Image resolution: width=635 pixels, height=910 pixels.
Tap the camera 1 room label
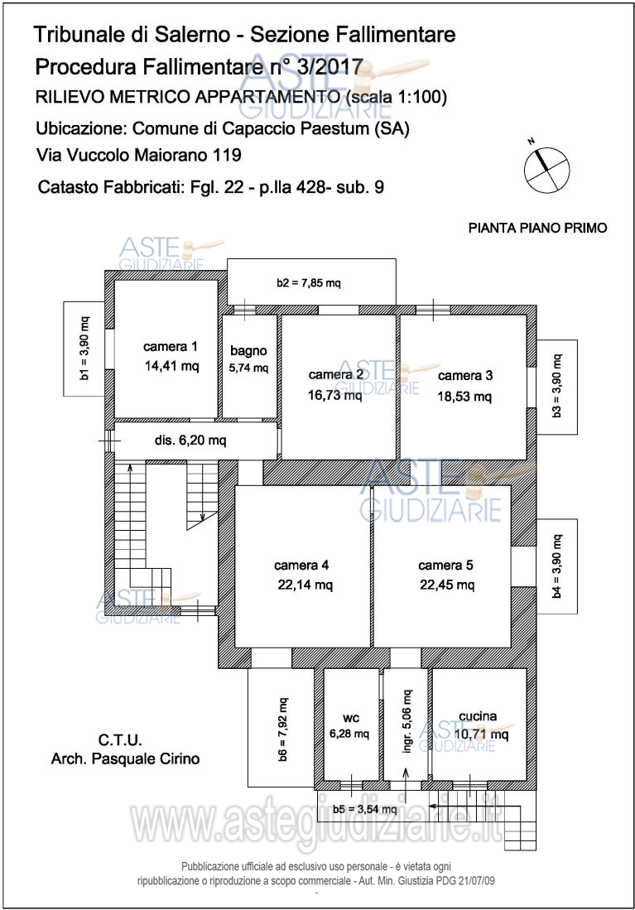[x=171, y=346]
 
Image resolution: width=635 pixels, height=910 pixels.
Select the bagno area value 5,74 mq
[x=248, y=368]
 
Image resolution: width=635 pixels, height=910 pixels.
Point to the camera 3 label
[x=465, y=375]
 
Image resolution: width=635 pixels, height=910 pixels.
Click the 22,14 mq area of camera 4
[x=305, y=585]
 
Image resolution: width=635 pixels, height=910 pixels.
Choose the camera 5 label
[x=445, y=565]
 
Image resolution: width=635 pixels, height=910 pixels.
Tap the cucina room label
[x=478, y=716]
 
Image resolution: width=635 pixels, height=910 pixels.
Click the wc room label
[x=351, y=718]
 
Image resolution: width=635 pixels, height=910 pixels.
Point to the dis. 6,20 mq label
[x=190, y=441]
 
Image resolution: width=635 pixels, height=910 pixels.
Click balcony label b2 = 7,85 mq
[x=309, y=283]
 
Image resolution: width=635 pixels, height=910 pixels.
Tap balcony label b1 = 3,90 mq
[x=84, y=349]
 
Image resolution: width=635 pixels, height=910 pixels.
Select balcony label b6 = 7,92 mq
[x=282, y=729]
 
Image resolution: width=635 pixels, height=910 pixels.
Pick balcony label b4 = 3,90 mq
[x=556, y=566]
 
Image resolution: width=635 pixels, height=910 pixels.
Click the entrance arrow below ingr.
[x=406, y=778]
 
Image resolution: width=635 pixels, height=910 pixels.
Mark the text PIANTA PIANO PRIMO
[x=537, y=228]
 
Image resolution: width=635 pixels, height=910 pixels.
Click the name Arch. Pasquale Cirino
[x=125, y=758]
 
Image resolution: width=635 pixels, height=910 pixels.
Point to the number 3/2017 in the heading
[x=330, y=67]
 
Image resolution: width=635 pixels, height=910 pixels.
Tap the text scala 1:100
[x=395, y=97]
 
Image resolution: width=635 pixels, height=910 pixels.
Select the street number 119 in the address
[x=227, y=155]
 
